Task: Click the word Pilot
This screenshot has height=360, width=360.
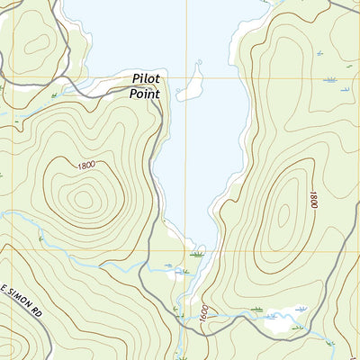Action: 145,79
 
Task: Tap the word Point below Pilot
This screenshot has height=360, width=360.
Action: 145,93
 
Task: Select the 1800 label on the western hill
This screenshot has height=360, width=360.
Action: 87,166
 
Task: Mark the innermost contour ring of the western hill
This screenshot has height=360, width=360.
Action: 84,198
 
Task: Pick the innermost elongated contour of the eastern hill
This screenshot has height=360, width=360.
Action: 284,212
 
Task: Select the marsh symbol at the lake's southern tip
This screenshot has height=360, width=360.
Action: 196,255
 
